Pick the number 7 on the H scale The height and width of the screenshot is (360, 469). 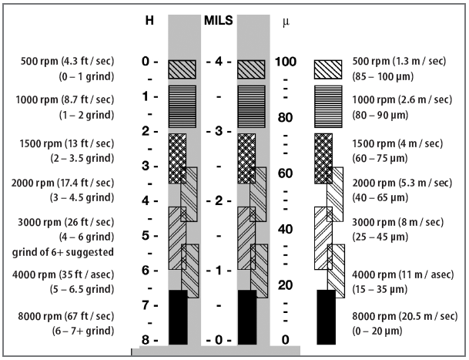tap(146, 305)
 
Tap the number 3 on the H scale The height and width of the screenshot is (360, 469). tap(146, 166)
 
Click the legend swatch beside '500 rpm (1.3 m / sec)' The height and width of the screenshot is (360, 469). tap(327, 69)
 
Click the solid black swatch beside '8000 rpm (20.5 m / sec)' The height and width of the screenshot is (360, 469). tap(326, 316)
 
